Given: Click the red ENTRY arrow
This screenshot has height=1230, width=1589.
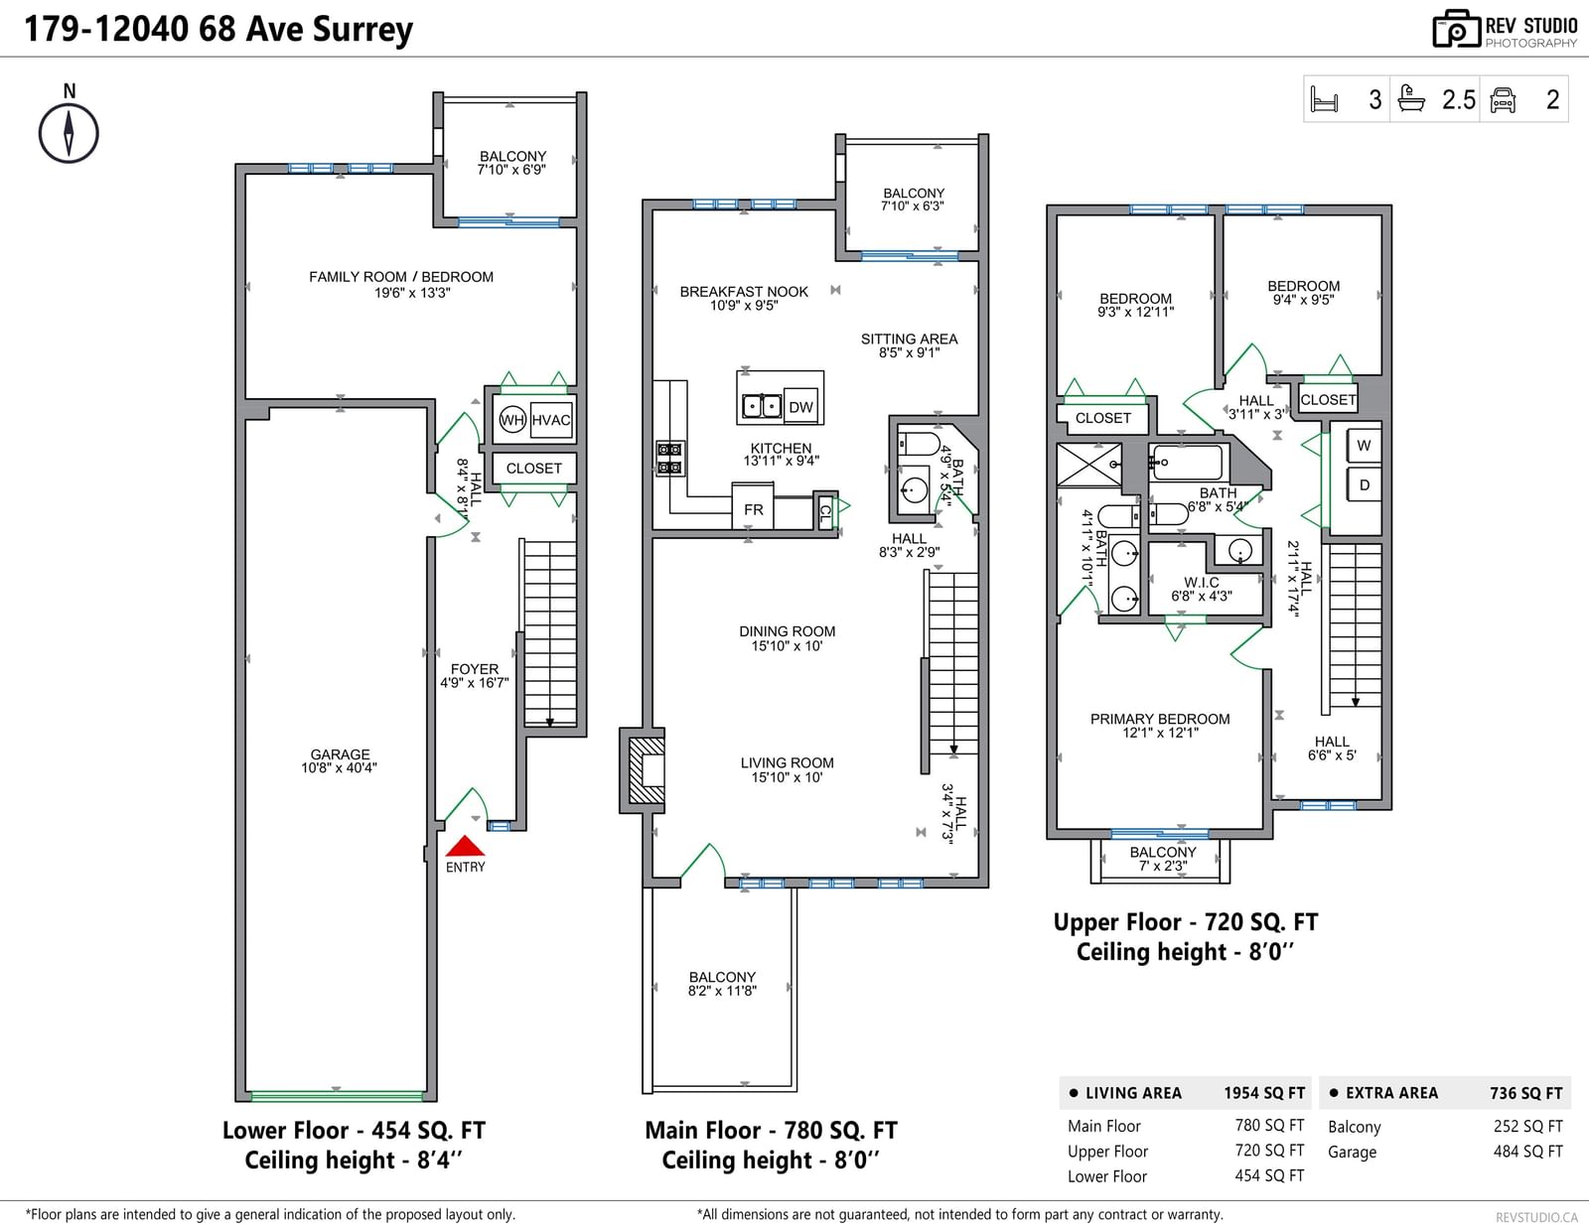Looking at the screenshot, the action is pyautogui.click(x=465, y=846).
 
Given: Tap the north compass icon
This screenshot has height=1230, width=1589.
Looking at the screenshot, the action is pyautogui.click(x=69, y=133).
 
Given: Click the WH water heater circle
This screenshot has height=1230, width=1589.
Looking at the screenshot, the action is pyautogui.click(x=512, y=420).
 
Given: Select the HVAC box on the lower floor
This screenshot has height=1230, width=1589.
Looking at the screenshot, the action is pyautogui.click(x=551, y=420).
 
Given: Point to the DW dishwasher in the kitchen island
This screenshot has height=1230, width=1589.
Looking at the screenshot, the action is pyautogui.click(x=800, y=406).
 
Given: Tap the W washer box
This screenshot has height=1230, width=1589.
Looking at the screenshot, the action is pyautogui.click(x=1364, y=445).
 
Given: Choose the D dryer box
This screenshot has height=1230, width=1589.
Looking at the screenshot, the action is pyautogui.click(x=1364, y=484).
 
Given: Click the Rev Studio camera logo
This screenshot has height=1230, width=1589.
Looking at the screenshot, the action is pyautogui.click(x=1456, y=29).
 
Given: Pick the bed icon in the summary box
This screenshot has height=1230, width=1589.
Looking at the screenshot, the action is pyautogui.click(x=1324, y=99).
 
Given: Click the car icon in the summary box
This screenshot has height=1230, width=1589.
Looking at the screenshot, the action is pyautogui.click(x=1502, y=99).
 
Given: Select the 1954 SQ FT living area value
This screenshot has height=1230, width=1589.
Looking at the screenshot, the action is pyautogui.click(x=1264, y=1093).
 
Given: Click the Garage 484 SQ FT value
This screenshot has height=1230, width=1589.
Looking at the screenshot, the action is pyautogui.click(x=1527, y=1151).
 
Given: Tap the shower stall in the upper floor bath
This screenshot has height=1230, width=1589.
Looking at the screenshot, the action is pyautogui.click(x=1088, y=464).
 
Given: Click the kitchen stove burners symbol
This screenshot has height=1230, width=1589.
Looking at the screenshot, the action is pyautogui.click(x=669, y=459).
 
